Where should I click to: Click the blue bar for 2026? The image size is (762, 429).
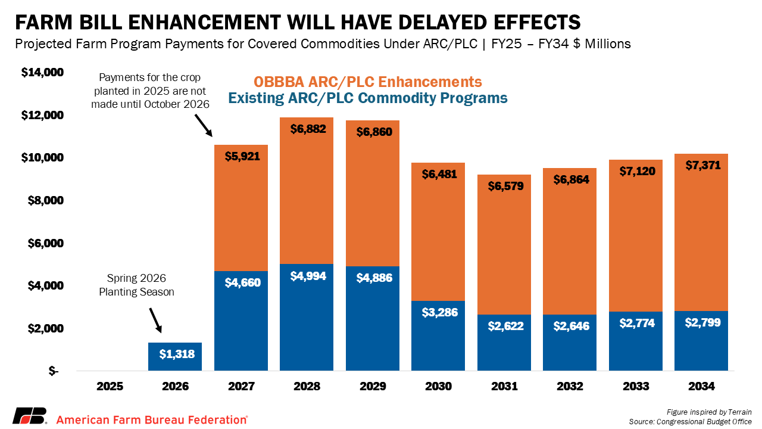(x=175, y=357)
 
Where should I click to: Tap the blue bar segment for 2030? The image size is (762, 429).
(x=438, y=337)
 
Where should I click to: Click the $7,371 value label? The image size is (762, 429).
(x=702, y=165)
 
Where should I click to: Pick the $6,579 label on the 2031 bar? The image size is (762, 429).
(x=504, y=186)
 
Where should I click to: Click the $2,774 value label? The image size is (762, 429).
(x=636, y=323)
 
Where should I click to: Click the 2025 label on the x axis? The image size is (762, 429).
(x=110, y=386)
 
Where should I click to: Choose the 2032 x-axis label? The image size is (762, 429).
(x=570, y=386)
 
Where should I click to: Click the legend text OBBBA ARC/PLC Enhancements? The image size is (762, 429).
(x=368, y=82)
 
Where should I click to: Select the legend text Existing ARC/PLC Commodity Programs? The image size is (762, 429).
(x=368, y=98)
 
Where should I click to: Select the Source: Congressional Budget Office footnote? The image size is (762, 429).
(x=690, y=422)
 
